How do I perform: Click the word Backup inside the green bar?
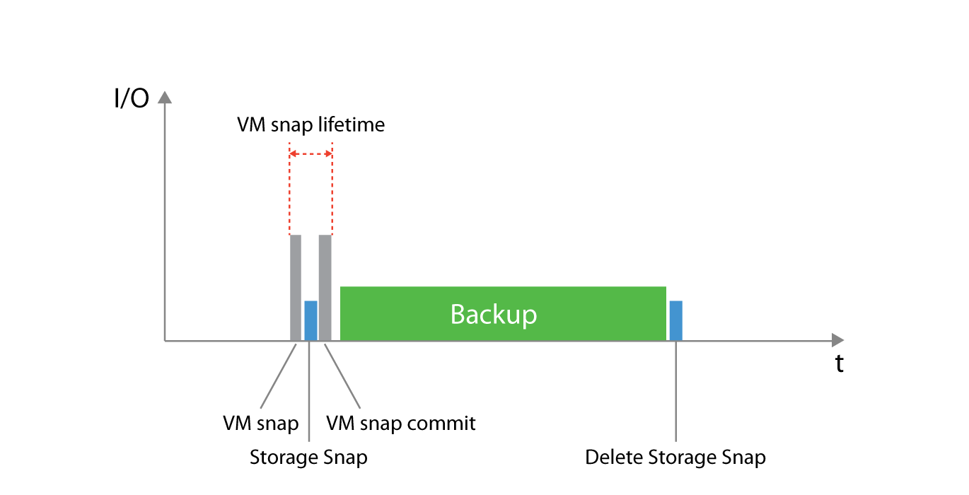click(x=494, y=314)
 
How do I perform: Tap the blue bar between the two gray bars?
click(x=311, y=320)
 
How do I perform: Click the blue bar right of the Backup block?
click(x=675, y=320)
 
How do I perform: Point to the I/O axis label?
click(x=132, y=98)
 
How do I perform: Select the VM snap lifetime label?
click(x=311, y=125)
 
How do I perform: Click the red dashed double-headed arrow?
click(x=311, y=153)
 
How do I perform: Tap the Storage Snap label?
click(x=308, y=458)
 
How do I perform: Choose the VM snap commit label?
click(x=400, y=423)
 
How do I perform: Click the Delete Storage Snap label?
click(x=675, y=458)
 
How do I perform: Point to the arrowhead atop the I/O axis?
click(x=164, y=98)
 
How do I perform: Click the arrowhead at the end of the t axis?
click(x=837, y=340)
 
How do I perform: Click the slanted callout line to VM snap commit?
click(x=343, y=375)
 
